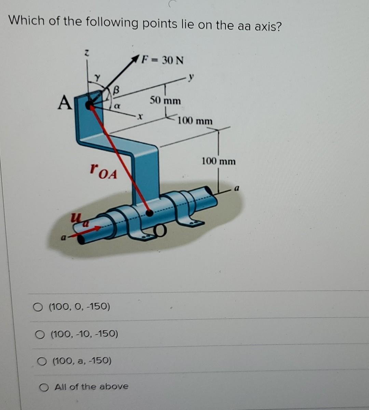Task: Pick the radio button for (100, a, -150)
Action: pos(41,361)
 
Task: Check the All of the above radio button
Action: pos(43,387)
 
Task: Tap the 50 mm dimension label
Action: pos(165,101)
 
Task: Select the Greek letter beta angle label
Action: pos(116,91)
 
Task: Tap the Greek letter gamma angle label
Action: pos(97,78)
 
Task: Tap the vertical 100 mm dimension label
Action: pos(219,161)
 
